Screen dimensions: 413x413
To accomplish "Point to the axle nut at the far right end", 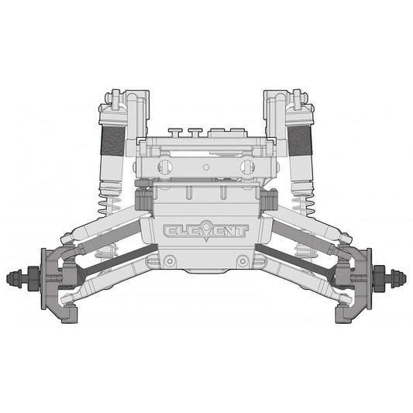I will click(398, 275).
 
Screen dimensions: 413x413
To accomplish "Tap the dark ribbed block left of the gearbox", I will click(142, 199).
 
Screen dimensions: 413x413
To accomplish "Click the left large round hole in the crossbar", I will click(164, 167).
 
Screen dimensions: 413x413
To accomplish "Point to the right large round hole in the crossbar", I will click(247, 167).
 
